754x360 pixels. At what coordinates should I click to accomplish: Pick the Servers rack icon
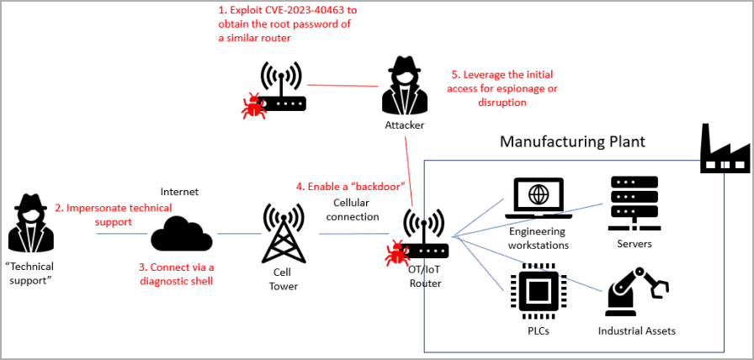click(633, 202)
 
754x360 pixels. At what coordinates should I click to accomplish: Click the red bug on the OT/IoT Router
click(396, 253)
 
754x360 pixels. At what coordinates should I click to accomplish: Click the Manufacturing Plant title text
click(572, 141)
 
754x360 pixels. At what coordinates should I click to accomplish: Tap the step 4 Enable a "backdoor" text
click(352, 185)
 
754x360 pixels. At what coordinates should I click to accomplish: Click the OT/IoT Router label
click(425, 277)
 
